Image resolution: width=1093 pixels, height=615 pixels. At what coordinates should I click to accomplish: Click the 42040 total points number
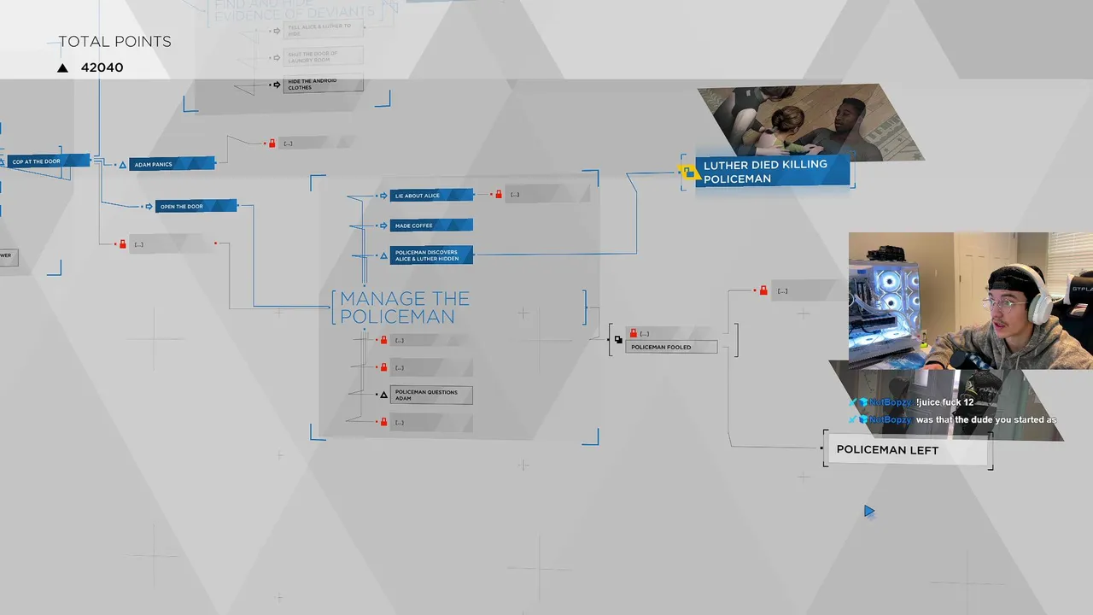click(x=102, y=67)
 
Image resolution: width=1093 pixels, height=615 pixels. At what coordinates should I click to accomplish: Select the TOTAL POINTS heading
click(x=114, y=42)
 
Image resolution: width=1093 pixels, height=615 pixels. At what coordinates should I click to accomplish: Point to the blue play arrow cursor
click(x=868, y=512)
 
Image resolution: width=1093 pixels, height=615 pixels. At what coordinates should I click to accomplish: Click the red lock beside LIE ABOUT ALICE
click(x=499, y=195)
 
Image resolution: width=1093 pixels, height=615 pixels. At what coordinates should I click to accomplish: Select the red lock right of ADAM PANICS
click(x=272, y=143)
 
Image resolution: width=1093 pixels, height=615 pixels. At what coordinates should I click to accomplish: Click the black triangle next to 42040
click(x=62, y=68)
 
